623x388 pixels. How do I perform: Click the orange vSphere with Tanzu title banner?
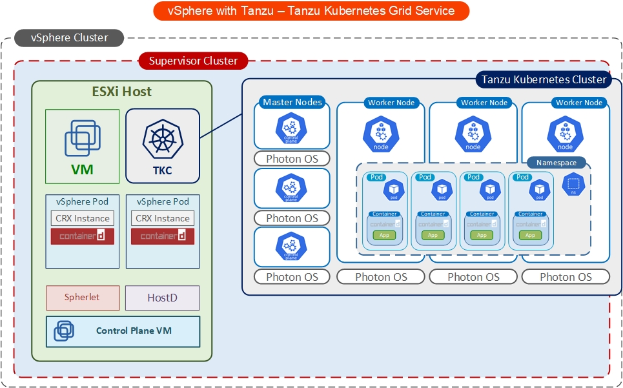pos(311,11)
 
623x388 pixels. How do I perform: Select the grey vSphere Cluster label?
pos(70,38)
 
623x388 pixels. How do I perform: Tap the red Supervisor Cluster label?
pos(193,61)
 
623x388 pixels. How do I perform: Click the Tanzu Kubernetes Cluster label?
pos(544,79)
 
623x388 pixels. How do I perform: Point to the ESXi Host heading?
pos(121,92)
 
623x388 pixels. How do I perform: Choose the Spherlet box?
pos(82,298)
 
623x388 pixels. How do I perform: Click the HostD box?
pos(162,298)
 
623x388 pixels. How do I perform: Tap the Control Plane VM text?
pos(134,331)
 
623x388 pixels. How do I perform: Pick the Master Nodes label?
pos(292,102)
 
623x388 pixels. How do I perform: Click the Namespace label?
pos(556,163)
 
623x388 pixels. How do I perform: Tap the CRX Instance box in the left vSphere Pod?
pos(83,218)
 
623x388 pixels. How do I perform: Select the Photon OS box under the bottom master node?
pos(292,277)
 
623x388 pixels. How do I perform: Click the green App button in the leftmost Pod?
pos(384,235)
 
